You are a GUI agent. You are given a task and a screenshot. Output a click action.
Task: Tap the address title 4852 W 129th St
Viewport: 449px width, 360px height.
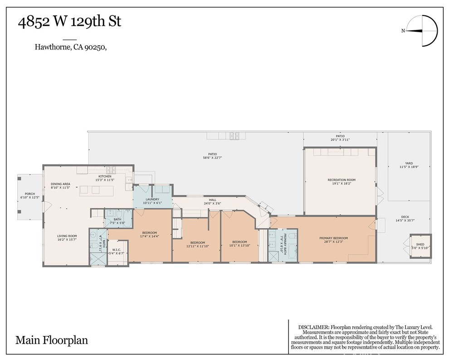(x=69, y=21)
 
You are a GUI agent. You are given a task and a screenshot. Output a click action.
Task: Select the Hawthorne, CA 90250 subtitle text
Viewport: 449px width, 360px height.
(x=71, y=46)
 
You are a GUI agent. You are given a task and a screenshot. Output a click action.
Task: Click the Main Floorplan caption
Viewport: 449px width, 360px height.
(x=52, y=340)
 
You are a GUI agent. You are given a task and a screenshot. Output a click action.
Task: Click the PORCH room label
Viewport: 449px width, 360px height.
(x=30, y=194)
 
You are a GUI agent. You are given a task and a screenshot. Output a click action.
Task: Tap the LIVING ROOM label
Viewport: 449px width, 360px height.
(x=67, y=236)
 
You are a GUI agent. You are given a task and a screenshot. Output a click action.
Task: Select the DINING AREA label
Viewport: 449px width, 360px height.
(x=60, y=184)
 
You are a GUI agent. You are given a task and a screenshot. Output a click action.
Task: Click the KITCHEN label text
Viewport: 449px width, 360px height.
(x=105, y=176)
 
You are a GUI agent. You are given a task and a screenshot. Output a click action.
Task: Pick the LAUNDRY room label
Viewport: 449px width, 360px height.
(x=152, y=199)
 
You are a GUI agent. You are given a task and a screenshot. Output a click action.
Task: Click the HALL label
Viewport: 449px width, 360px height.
(x=212, y=199)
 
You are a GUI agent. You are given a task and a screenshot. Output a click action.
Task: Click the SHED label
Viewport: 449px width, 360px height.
(x=420, y=243)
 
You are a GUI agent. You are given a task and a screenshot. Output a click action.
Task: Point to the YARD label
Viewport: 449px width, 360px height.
(x=409, y=163)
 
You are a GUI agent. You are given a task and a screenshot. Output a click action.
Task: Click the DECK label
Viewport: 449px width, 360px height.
(x=405, y=217)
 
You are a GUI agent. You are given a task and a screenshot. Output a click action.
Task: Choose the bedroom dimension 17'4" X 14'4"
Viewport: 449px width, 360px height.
(x=149, y=236)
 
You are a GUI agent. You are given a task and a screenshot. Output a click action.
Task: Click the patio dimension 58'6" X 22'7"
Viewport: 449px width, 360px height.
(x=212, y=157)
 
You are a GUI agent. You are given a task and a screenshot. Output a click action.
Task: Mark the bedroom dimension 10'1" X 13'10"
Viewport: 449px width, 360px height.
(x=239, y=245)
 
